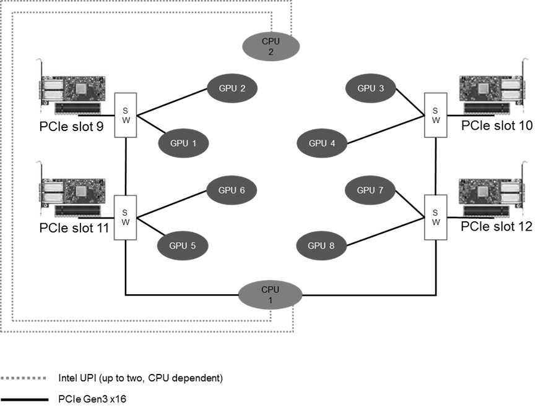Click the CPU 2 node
(x=271, y=46)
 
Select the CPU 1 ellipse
(x=270, y=295)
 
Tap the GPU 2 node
(x=232, y=88)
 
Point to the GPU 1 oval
(x=183, y=143)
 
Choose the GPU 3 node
(x=371, y=88)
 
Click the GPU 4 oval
(x=322, y=143)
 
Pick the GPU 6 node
(x=232, y=190)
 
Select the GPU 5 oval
(x=183, y=245)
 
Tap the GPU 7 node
(x=370, y=190)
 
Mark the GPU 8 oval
(x=321, y=245)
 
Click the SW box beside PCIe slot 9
(x=126, y=115)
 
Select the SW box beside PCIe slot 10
(x=436, y=115)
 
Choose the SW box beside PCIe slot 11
(x=125, y=218)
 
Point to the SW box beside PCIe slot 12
(x=436, y=217)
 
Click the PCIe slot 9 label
(x=71, y=127)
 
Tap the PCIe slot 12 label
(x=496, y=227)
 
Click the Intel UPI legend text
(x=141, y=378)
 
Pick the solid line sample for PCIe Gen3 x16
(x=25, y=400)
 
